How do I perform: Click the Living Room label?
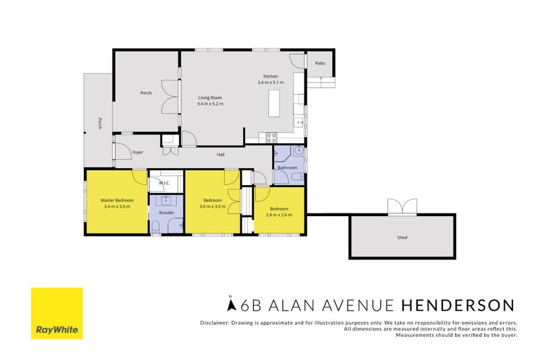click(209, 97)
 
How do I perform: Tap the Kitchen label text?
click(270, 76)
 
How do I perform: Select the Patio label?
click(320, 63)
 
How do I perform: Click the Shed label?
click(402, 238)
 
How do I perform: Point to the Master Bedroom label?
click(117, 201)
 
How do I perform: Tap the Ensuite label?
click(166, 213)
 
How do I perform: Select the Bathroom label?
click(288, 168)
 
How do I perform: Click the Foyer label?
click(137, 153)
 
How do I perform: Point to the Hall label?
click(220, 155)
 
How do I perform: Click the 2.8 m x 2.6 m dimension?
click(279, 214)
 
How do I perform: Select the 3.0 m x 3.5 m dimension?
click(213, 207)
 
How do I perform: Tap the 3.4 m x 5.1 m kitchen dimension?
click(271, 82)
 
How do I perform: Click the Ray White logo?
click(57, 313)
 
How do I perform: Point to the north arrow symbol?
click(232, 305)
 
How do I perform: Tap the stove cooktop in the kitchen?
click(271, 137)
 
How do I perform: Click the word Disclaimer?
click(215, 322)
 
